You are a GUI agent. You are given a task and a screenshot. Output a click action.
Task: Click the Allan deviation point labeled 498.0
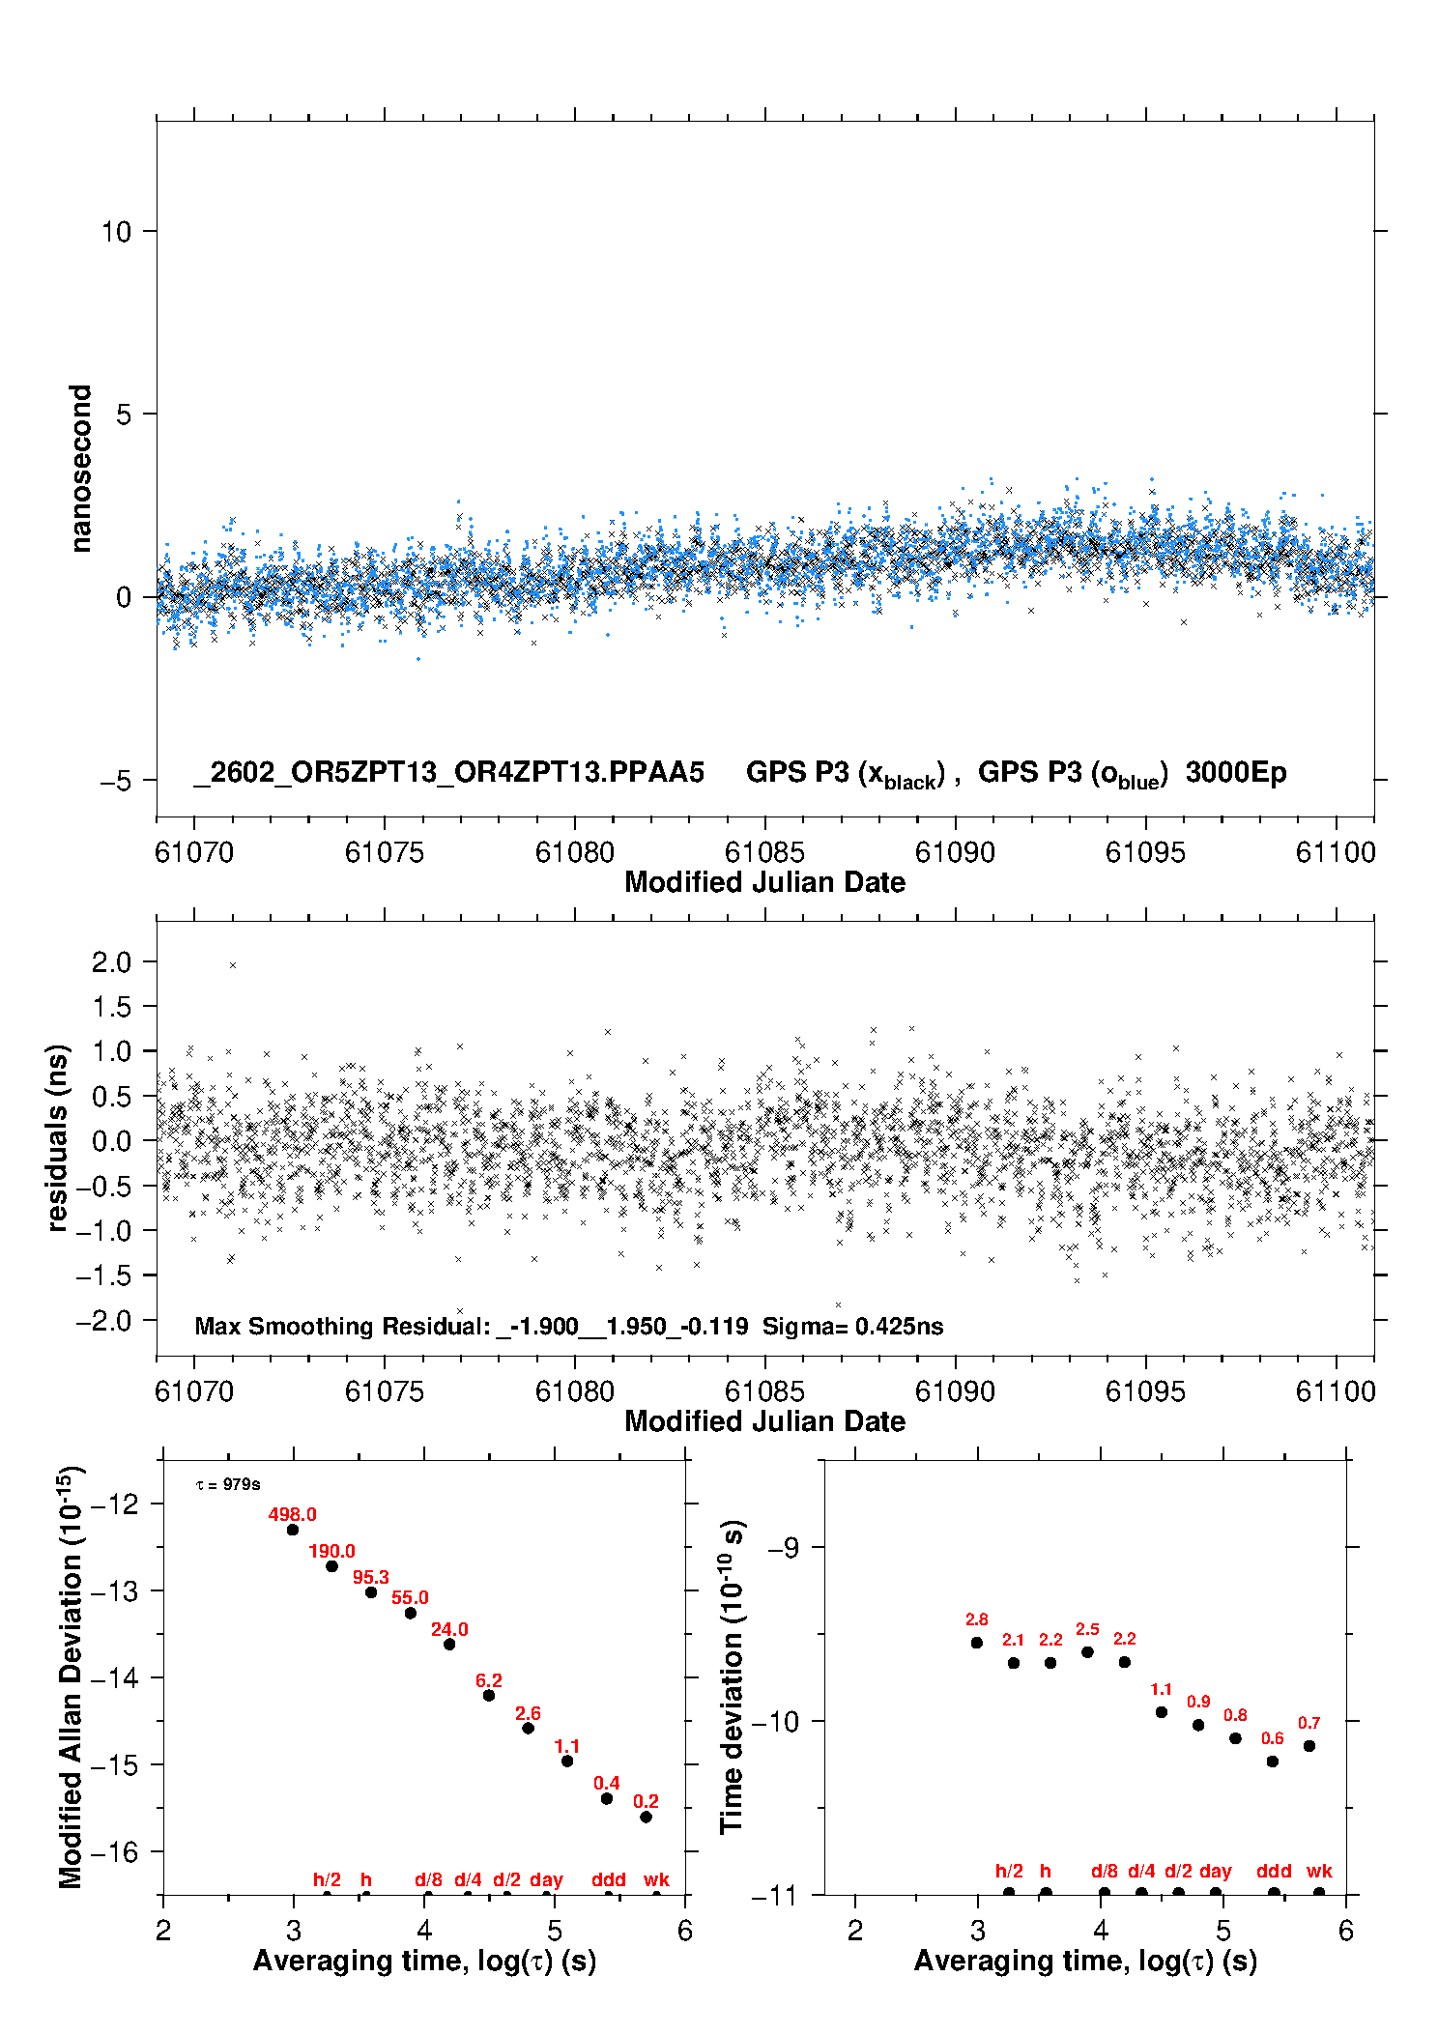tap(293, 1530)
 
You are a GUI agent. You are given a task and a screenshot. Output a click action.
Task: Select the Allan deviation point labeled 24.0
tap(449, 1644)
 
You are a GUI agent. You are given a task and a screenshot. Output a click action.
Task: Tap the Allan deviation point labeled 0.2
tap(646, 1817)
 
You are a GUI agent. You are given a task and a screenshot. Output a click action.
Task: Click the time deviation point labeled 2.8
tap(977, 1643)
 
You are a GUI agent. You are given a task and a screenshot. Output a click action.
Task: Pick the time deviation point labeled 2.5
tap(1087, 1652)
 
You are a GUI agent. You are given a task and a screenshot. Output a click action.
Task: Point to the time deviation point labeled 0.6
tap(1273, 1762)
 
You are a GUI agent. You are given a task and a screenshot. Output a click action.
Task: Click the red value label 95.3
tap(370, 1577)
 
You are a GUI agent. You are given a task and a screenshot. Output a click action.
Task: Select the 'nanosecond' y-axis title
tap(80, 469)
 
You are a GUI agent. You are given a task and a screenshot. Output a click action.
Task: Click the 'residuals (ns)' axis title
tap(58, 1137)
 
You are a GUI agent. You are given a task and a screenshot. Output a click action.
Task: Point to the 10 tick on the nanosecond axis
tap(116, 232)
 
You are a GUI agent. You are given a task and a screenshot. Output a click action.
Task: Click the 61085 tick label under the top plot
tap(764, 852)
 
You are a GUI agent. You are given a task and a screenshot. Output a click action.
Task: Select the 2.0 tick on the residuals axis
tap(111, 961)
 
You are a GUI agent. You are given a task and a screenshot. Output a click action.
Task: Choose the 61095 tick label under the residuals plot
tap(1145, 1391)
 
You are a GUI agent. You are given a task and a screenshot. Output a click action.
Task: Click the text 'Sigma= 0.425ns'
tap(852, 1326)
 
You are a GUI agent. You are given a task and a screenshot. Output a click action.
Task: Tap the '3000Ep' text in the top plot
tap(1236, 773)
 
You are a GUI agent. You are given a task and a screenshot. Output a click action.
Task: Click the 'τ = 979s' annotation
tap(228, 1484)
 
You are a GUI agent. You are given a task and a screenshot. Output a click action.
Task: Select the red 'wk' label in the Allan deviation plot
tap(656, 1879)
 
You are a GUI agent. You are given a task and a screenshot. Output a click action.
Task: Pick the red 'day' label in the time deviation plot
tap(1216, 1871)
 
